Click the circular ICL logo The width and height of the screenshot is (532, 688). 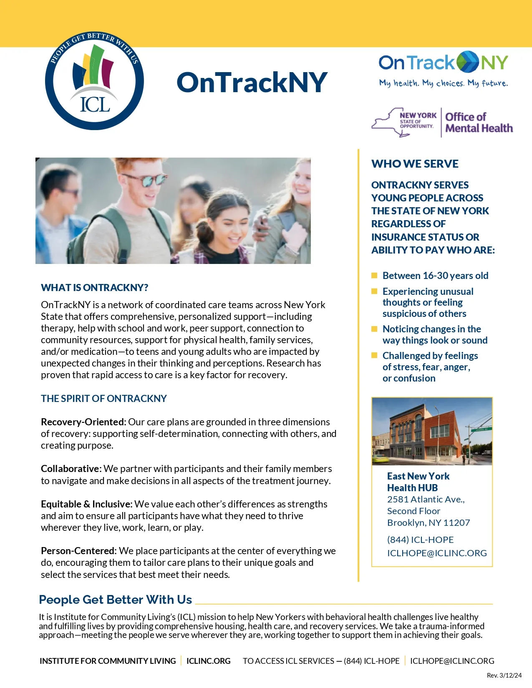[x=94, y=81]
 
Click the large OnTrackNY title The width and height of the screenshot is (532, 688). [x=252, y=82]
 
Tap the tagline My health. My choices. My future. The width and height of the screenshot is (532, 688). [x=443, y=83]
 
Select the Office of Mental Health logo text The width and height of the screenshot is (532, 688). [x=479, y=123]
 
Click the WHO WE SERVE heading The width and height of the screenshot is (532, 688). [x=415, y=164]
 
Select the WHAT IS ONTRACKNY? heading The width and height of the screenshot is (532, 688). [x=94, y=288]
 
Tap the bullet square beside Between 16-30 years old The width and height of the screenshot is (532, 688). [x=374, y=275]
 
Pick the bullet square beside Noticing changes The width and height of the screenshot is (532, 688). [x=374, y=329]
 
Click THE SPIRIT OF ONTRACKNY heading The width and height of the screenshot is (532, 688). [x=103, y=399]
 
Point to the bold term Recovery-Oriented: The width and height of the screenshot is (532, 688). [x=83, y=422]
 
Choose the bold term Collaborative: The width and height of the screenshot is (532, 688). [x=71, y=469]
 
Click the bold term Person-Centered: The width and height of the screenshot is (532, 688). [x=78, y=551]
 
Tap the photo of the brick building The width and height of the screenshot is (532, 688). [x=432, y=431]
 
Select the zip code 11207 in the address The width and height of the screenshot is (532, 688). [x=456, y=523]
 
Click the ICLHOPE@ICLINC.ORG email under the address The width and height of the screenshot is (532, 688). [x=437, y=553]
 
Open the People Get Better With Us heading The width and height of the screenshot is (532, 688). [x=115, y=600]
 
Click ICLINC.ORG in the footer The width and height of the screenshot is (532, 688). [x=208, y=661]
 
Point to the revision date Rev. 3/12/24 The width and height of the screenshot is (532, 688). [x=504, y=675]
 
